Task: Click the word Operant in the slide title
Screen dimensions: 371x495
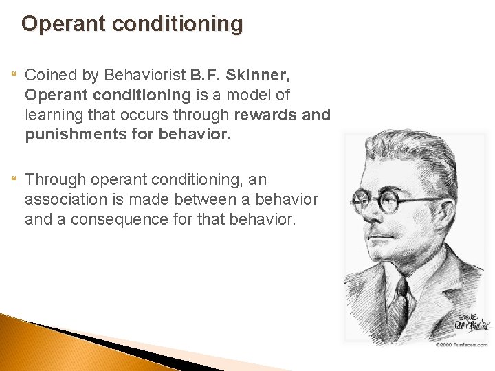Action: tap(60, 25)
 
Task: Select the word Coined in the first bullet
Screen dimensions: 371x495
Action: tap(49, 75)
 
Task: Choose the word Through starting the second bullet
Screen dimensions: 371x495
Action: tap(53, 179)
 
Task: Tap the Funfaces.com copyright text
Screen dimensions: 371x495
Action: tap(461, 343)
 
